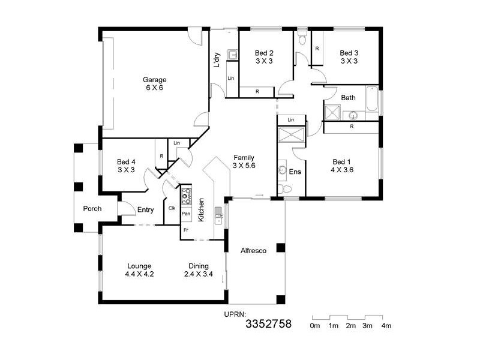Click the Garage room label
pos(154,80)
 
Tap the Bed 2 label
pos(264,53)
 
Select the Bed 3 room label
pos(349,53)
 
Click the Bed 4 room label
pos(126,162)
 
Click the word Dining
pos(199,266)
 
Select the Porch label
pos(92,209)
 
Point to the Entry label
pos(146,210)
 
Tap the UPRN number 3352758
pos(268,325)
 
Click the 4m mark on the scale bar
pos(386,326)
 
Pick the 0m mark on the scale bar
pos(314,326)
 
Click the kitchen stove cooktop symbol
pos(186,194)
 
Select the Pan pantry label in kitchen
pos(186,214)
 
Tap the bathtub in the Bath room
pos(372,100)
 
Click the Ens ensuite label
pos(295,172)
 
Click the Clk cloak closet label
pos(172,208)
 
